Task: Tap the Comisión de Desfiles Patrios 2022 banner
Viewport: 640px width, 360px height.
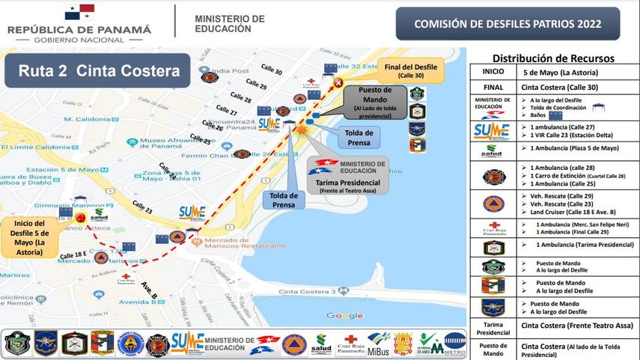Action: (508, 24)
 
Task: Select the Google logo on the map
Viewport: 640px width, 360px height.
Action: (344, 316)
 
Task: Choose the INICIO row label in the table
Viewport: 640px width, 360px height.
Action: (493, 72)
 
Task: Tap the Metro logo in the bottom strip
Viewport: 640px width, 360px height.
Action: (454, 344)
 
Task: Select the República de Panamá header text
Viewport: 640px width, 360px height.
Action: (79, 29)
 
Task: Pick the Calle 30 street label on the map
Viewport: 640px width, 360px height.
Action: (272, 69)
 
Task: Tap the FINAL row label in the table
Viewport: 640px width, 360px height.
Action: (493, 87)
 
